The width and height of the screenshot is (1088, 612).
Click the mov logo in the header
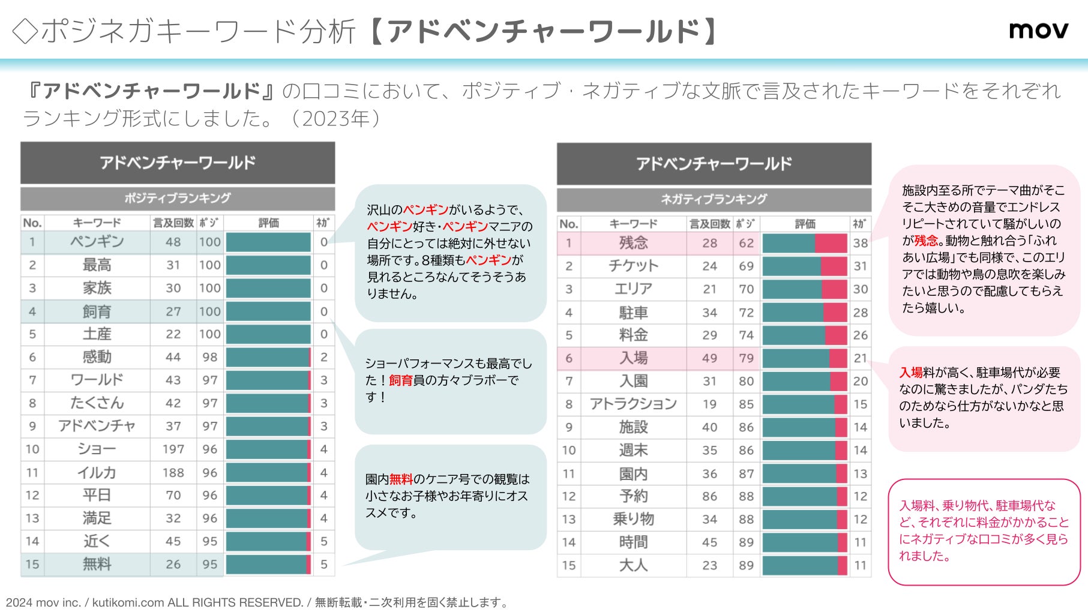pos(1038,30)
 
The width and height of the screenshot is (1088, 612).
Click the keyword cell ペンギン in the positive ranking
pos(97,242)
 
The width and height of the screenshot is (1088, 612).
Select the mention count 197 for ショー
pos(173,449)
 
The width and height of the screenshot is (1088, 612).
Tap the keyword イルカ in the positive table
pos(97,472)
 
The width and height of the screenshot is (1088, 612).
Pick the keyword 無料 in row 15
pos(97,564)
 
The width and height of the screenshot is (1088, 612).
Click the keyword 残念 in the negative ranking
pos(633,243)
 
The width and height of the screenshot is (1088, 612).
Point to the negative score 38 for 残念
pos(860,243)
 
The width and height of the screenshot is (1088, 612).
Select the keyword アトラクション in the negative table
pos(633,404)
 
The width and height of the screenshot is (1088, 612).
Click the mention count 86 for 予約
pos(709,496)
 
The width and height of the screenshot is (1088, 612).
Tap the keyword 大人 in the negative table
pos(633,565)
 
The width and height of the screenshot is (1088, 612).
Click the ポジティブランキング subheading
pos(178,198)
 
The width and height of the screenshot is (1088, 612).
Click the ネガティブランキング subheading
pos(714,199)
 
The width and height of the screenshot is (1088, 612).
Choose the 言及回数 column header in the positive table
pos(173,223)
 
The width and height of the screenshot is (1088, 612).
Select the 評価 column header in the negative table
pos(805,224)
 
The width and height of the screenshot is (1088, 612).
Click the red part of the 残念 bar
pos(831,243)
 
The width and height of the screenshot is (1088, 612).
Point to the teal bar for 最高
pos(268,265)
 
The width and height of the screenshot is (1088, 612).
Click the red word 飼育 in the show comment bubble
pos(401,380)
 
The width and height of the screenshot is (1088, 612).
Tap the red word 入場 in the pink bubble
pos(910,373)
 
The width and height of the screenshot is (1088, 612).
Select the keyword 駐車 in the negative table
pos(633,313)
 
